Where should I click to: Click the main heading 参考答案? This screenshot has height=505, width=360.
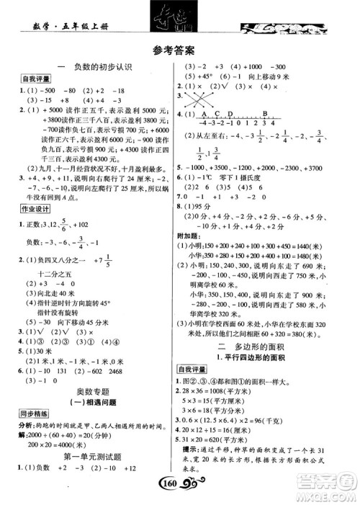(179, 50)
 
